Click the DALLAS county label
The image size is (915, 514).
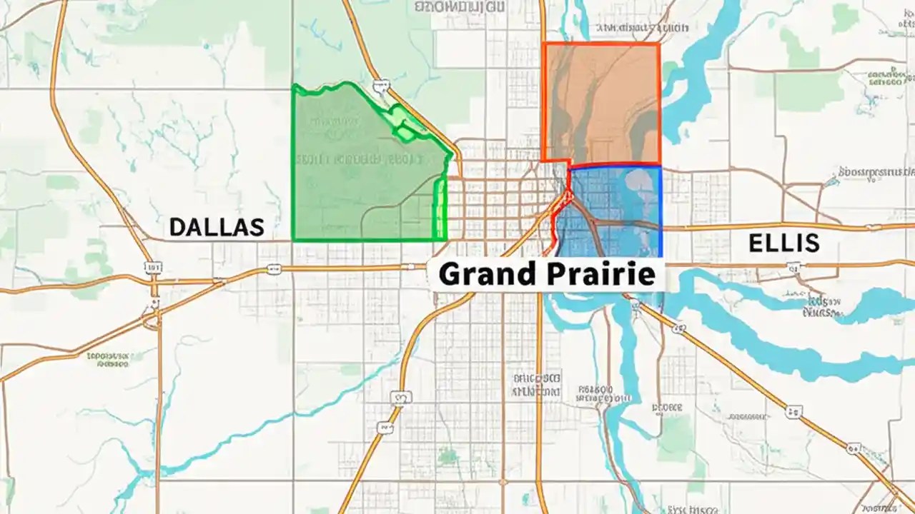pyautogui.click(x=216, y=227)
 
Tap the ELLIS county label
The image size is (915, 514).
pyautogui.click(x=783, y=243)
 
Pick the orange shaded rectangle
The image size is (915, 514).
pyautogui.click(x=600, y=100)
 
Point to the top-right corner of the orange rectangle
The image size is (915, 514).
pyautogui.click(x=658, y=44)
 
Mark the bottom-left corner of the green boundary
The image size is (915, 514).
pyautogui.click(x=293, y=240)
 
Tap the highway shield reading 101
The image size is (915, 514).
pyautogui.click(x=153, y=267)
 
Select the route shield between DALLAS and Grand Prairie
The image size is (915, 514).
pyautogui.click(x=273, y=269)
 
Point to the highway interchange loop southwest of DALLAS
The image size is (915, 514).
pyautogui.click(x=152, y=321)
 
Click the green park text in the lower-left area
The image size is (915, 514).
pyautogui.click(x=107, y=358)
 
